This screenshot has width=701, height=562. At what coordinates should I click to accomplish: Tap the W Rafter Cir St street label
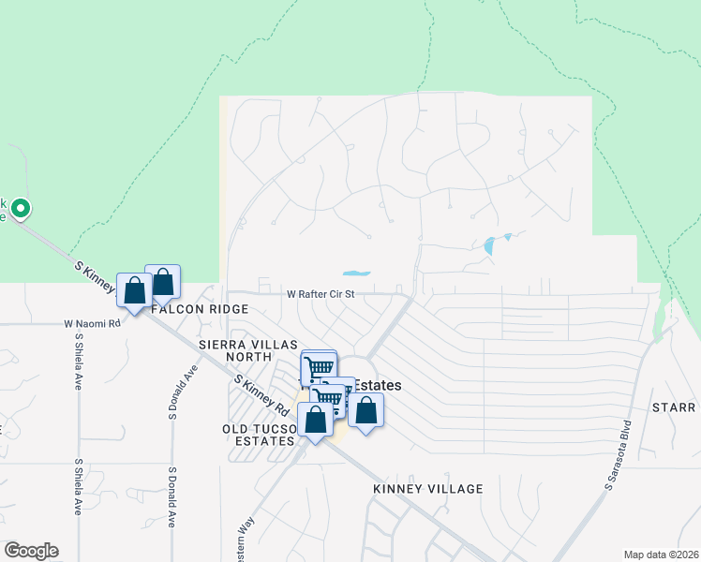coord(321,293)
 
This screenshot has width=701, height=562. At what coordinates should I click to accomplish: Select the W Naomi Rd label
coord(93,324)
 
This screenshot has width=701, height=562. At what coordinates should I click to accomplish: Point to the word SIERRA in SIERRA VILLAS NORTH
coord(222,345)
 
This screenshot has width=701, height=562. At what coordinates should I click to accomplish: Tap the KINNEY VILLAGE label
coord(427,489)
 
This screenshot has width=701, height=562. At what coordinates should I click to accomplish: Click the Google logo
coord(31,551)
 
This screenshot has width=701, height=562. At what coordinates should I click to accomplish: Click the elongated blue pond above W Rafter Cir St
coord(356,274)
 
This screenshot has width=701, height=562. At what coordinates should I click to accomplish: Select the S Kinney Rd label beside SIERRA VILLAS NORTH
coord(261,396)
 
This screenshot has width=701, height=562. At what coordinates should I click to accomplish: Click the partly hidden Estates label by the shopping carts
coord(379,385)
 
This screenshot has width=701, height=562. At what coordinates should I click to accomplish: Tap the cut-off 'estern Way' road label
coord(246,541)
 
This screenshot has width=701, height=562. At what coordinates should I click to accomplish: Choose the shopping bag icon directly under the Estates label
coord(365,412)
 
